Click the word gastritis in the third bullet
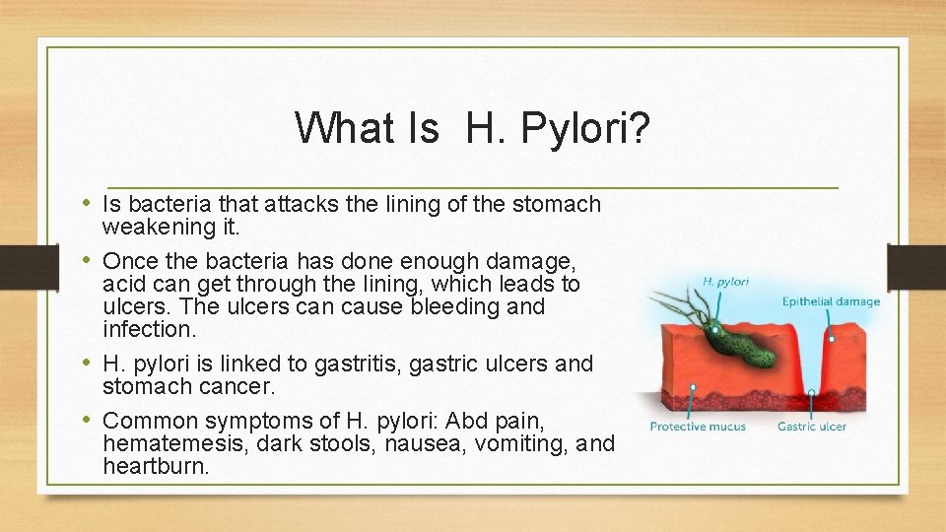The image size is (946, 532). click(358, 364)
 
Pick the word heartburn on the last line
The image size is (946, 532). click(155, 466)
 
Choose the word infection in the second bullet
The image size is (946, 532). click(147, 328)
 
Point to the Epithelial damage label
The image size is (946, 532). click(831, 301)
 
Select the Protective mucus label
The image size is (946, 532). click(698, 427)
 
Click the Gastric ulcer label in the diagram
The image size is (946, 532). click(811, 427)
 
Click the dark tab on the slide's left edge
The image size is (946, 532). click(18, 266)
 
